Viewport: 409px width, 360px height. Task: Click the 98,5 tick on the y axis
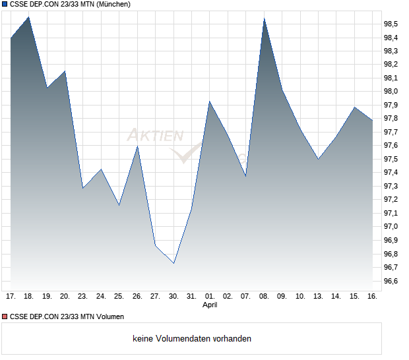point(391,24)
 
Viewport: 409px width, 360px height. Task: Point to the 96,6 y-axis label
point(391,282)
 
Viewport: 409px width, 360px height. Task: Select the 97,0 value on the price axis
point(391,227)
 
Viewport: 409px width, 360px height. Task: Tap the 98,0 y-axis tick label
point(391,92)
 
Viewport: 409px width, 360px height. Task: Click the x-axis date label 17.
point(11,297)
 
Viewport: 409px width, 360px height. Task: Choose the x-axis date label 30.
point(173,297)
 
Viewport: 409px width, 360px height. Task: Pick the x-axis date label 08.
point(264,297)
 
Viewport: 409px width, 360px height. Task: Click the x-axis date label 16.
point(372,297)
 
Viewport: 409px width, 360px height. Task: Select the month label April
point(209,305)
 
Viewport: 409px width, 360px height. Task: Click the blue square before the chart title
point(5,5)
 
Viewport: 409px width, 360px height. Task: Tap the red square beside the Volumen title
point(5,317)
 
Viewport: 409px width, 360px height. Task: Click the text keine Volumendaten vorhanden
point(192,339)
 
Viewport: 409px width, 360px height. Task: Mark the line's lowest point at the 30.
point(173,263)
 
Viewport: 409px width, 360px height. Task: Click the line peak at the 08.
point(264,18)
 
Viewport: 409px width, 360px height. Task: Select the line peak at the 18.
point(28,17)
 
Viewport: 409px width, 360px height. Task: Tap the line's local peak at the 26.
point(137,146)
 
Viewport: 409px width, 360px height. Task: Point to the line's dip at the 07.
point(245,176)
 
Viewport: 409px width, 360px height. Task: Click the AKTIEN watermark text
point(155,136)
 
